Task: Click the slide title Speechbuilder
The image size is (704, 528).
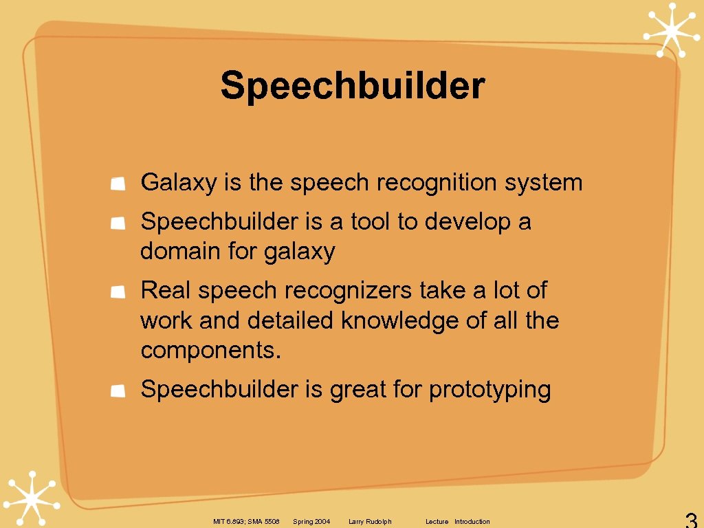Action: click(x=353, y=87)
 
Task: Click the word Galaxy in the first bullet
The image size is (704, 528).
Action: click(x=168, y=183)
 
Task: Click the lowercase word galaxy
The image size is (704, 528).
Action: click(x=299, y=252)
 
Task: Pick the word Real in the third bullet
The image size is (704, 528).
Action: click(x=166, y=290)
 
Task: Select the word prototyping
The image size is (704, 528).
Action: click(x=489, y=390)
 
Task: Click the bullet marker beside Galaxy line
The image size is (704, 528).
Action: click(x=118, y=184)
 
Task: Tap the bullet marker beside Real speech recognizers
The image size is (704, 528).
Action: click(x=118, y=291)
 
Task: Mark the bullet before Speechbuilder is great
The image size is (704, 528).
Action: click(x=118, y=390)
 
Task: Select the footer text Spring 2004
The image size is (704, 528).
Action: click(x=311, y=522)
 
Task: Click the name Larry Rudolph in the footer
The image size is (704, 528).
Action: click(x=370, y=522)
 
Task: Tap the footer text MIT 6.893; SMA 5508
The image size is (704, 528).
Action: click(x=246, y=522)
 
